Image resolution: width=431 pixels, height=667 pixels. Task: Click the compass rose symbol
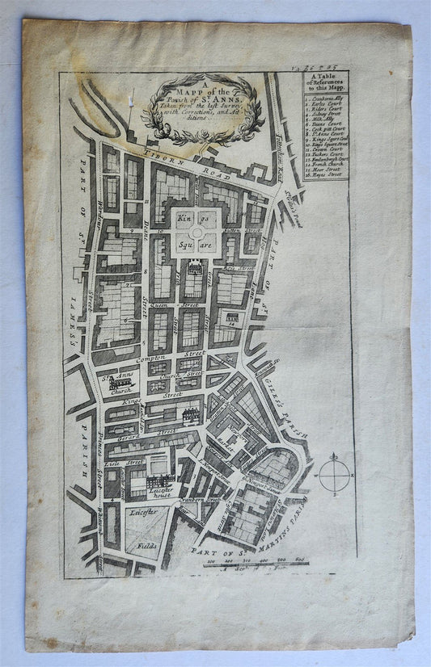pyautogui.click(x=334, y=474)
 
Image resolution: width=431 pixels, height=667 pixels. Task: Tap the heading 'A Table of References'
pyautogui.click(x=326, y=83)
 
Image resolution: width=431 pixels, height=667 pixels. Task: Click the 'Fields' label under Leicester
pyautogui.click(x=149, y=547)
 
